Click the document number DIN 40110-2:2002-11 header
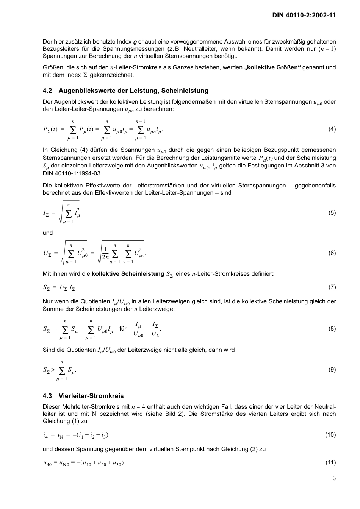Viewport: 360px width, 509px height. pyautogui.click(x=304, y=15)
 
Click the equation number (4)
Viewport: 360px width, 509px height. pyautogui.click(x=332, y=129)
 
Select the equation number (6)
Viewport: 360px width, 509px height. pyautogui.click(x=332, y=253)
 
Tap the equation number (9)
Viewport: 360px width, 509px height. pyautogui.click(x=332, y=370)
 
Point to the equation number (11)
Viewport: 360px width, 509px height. pyautogui.click(x=330, y=462)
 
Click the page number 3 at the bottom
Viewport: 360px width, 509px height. pyautogui.click(x=334, y=478)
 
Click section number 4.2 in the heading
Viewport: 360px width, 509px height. pyautogui.click(x=47, y=91)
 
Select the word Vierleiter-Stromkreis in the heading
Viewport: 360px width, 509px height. pyautogui.click(x=91, y=396)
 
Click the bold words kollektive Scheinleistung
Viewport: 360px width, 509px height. pyautogui.click(x=128, y=273)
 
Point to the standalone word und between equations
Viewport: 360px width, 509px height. pyautogui.click(x=48, y=233)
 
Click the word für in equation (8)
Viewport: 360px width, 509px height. pyautogui.click(x=123, y=329)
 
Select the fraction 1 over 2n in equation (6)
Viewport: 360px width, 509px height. pyautogui.click(x=105, y=253)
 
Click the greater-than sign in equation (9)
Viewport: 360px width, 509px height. pyautogui.click(x=53, y=369)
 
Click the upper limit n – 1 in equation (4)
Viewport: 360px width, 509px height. pyautogui.click(x=141, y=121)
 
